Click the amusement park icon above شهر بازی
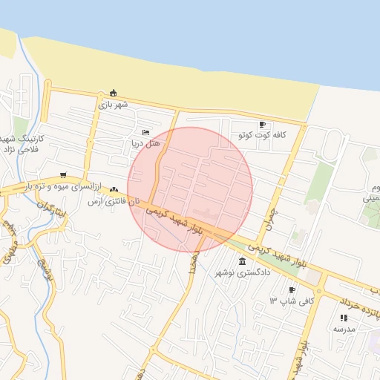pos(113,93)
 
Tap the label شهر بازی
pos(113,105)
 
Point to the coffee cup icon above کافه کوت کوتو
pos(262,125)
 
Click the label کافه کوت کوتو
pos(262,136)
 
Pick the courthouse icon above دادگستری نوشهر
pos(243,261)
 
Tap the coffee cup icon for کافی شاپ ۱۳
pos(292,290)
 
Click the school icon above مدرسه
pos(344,317)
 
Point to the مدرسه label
pos(344,328)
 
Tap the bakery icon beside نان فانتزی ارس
pos(114,190)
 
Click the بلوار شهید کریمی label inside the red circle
pos(174,220)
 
